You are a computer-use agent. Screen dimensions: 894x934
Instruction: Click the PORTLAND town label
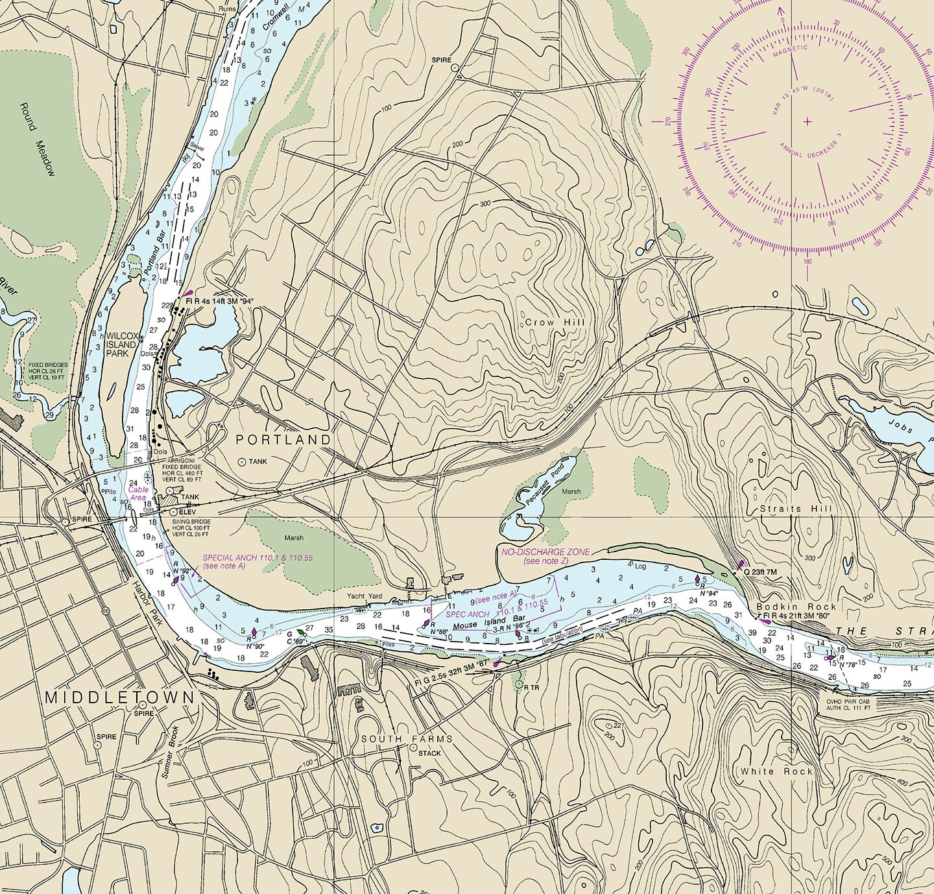point(283,440)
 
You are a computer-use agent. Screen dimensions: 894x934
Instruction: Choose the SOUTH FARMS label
point(407,739)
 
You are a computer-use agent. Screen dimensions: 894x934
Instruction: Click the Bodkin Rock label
point(796,607)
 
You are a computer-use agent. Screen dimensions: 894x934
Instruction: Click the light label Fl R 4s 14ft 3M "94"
point(219,301)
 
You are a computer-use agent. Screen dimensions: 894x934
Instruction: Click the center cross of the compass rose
point(808,121)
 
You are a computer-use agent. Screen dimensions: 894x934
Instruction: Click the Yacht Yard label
point(364,596)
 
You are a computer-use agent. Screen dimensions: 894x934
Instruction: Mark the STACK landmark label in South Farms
point(429,753)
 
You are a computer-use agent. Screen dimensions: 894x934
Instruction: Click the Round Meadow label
point(37,139)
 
